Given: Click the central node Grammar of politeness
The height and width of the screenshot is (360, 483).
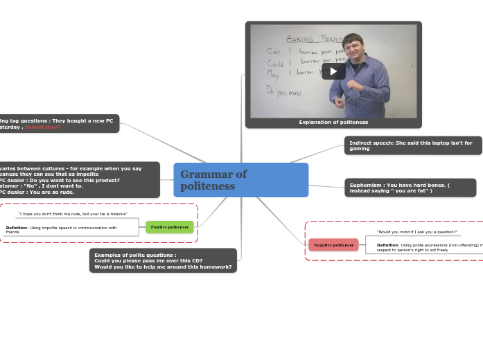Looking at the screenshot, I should [240, 180].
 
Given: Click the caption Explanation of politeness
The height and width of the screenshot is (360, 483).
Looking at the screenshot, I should [333, 123].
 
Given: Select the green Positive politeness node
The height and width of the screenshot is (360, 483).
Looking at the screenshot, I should [170, 227].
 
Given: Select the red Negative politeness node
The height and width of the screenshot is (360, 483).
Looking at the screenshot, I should [333, 245].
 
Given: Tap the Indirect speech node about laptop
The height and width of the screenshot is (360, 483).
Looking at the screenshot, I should [412, 145].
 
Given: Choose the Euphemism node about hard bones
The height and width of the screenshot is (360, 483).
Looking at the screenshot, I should [410, 188].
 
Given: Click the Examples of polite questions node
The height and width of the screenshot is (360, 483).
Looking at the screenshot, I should [163, 260].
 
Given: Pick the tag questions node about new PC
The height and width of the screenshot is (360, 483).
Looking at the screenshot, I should [59, 123].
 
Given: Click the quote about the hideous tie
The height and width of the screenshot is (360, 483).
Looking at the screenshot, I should [72, 215].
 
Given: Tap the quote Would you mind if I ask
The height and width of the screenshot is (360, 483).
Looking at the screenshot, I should [416, 232].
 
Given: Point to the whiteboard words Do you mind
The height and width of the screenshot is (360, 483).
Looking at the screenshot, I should [284, 91].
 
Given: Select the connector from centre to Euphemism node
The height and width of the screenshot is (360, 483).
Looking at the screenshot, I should [326, 186].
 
